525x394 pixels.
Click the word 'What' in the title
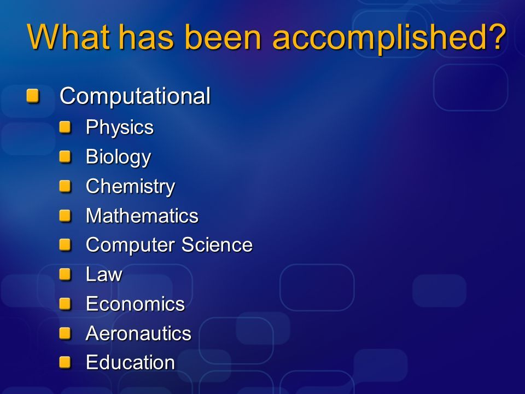(68, 37)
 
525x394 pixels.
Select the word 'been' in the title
(223, 37)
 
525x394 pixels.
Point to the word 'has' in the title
(147, 37)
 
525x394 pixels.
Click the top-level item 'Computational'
(135, 96)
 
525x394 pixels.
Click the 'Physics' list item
(120, 128)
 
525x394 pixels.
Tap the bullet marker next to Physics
(65, 127)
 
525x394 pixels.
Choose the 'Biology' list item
(119, 157)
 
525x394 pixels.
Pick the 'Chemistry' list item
(130, 187)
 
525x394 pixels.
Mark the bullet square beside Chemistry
(65, 186)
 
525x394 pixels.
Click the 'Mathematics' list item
(142, 216)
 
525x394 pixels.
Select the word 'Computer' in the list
(131, 245)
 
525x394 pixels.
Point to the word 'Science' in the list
(217, 245)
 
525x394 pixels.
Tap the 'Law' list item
(104, 274)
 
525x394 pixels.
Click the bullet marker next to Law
(65, 274)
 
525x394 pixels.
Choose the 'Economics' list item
(135, 304)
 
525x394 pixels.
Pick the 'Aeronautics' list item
(138, 333)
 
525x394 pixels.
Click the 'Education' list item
(130, 362)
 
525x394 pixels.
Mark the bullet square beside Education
(65, 362)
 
